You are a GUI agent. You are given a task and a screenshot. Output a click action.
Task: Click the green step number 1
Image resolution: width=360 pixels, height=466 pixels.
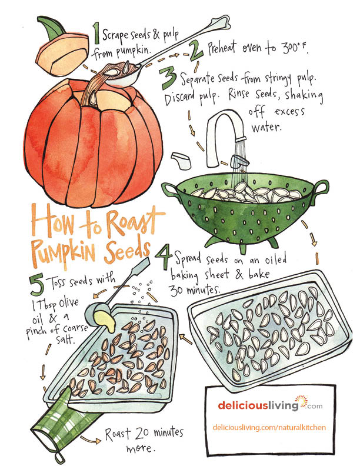96,33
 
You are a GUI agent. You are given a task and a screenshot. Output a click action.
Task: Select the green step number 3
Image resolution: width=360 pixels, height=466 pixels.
168,78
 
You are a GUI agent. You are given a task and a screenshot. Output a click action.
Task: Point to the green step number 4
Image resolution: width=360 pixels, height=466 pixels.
164,257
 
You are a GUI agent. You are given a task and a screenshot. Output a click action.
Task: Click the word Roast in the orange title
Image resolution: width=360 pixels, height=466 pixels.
132,221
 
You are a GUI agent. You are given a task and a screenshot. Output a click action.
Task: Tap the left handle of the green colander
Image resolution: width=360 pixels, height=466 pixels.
169,191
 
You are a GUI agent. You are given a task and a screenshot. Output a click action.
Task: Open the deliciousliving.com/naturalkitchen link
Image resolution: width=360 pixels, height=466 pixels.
269,427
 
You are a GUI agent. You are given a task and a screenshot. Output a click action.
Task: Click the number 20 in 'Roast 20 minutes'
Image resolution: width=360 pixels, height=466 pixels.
142,433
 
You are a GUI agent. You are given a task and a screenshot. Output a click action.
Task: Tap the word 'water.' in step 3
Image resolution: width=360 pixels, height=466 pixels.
266,128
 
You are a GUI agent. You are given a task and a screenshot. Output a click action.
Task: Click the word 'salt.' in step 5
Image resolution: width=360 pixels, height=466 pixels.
65,339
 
